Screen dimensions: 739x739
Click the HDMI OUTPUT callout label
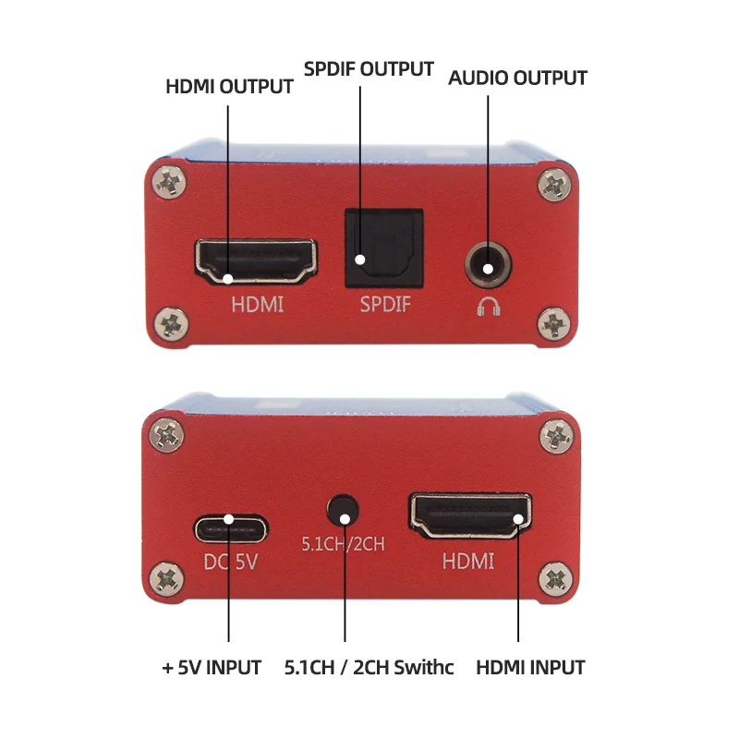coord(229,87)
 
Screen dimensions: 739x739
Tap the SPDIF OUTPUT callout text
coord(369,69)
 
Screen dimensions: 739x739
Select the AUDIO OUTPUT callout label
coord(517,78)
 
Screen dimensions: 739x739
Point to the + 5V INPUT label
coord(212,666)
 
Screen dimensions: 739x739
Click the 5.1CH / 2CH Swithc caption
coord(369,666)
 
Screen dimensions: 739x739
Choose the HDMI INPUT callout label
coord(530,666)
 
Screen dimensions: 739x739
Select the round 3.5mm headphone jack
coord(488,263)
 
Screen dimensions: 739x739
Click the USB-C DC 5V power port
coord(231,529)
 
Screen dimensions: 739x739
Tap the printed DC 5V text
coord(231,561)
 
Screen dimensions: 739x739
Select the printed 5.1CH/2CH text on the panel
coord(342,544)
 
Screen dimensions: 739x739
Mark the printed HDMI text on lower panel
coord(468,560)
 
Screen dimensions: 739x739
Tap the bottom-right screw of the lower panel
coord(556,579)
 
